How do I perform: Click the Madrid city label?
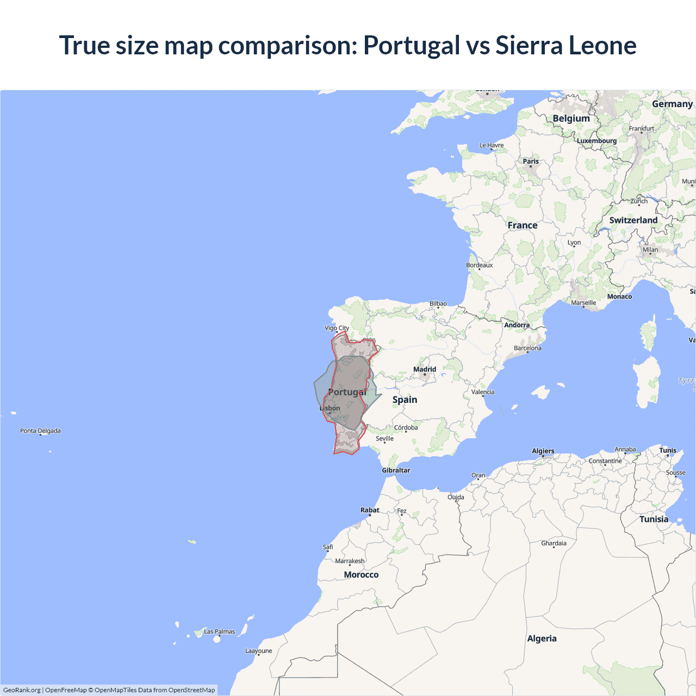coord(425,369)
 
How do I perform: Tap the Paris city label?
coord(531,161)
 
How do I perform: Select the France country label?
coord(523,225)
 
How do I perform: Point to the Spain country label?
coord(405,400)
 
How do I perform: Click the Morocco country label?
coord(361,575)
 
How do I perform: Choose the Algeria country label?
coord(542,638)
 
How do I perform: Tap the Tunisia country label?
coord(654,519)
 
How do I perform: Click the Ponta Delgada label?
coord(40,431)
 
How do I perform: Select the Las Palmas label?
coord(220,631)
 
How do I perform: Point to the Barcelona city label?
coord(527,348)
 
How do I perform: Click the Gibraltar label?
coord(396,470)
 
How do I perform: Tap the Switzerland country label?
coord(633,220)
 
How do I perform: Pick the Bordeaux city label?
coord(480,265)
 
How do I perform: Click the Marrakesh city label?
coord(350,561)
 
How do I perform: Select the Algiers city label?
coord(543,451)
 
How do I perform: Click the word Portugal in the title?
coord(412,45)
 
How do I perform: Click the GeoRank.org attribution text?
coord(22,690)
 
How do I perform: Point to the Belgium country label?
coord(571,119)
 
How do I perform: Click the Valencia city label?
coord(483,392)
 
